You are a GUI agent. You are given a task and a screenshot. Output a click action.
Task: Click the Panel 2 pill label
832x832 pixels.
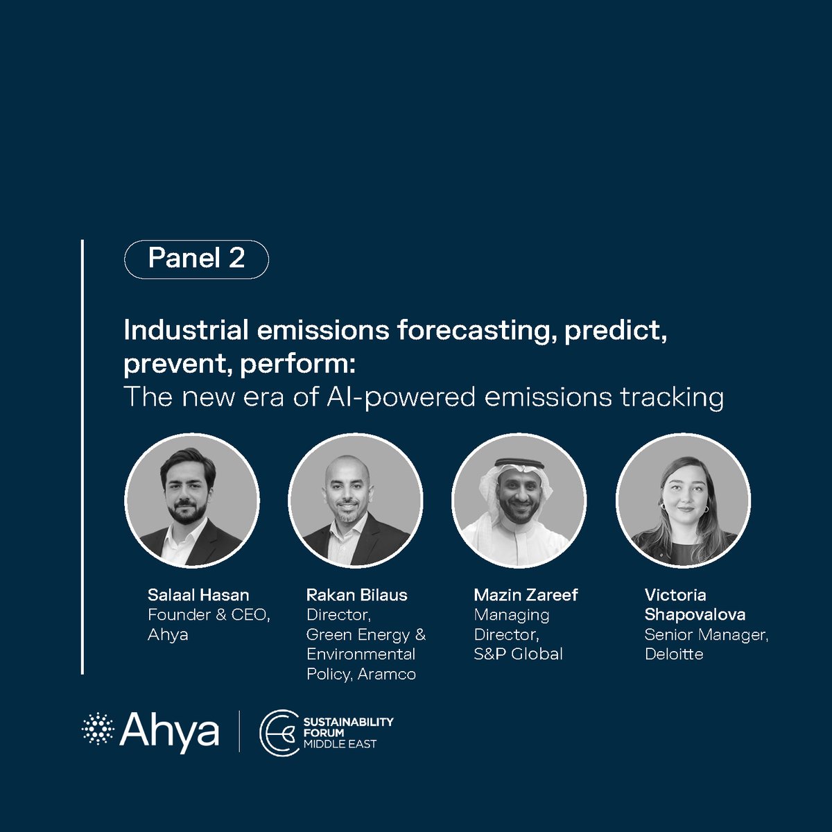click(x=196, y=259)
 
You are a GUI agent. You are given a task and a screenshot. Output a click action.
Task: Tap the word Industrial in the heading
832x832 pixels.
click(x=186, y=330)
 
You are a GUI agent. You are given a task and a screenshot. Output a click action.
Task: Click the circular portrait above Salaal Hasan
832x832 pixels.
click(x=192, y=501)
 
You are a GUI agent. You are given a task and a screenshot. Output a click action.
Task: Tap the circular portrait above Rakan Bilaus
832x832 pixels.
click(x=356, y=501)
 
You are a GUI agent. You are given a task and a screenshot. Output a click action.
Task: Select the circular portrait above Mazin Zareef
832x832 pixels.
click(x=519, y=501)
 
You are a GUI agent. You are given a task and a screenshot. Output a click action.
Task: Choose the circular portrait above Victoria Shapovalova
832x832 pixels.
click(x=683, y=501)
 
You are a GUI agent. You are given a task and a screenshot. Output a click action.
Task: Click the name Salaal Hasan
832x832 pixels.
click(x=198, y=595)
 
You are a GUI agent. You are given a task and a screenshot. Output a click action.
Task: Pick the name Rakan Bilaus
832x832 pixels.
click(x=356, y=595)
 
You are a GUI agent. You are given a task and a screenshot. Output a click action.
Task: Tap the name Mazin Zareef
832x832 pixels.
click(x=526, y=595)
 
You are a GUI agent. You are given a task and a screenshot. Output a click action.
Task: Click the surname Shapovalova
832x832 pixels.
click(x=695, y=615)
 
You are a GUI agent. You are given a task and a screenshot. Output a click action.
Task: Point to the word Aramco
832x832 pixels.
click(x=387, y=674)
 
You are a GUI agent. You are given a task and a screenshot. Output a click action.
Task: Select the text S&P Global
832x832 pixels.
click(x=518, y=654)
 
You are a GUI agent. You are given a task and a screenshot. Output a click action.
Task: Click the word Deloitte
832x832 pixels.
click(x=674, y=654)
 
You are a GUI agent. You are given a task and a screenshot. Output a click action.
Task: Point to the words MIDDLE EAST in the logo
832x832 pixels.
click(x=340, y=744)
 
